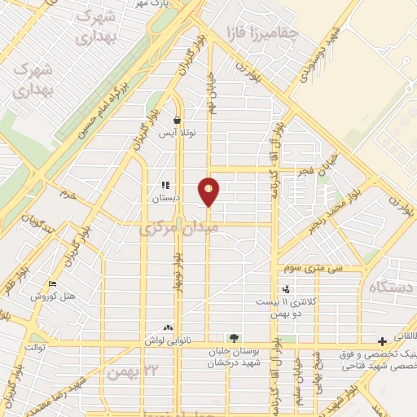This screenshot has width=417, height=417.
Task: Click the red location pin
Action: [209, 191]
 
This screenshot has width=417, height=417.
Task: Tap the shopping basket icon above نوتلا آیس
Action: [177, 120]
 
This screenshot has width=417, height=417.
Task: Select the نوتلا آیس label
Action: [173, 132]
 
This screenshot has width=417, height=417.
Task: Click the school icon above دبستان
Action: [165, 186]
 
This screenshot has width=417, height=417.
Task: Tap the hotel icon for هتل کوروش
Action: [54, 284]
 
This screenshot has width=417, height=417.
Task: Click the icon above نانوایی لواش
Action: [169, 327]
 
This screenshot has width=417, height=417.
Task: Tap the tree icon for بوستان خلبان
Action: [235, 338]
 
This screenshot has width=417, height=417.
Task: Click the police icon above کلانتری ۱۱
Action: [285, 289]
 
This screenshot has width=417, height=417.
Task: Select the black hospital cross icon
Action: [382, 340]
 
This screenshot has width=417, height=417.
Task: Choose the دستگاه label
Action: [392, 288]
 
